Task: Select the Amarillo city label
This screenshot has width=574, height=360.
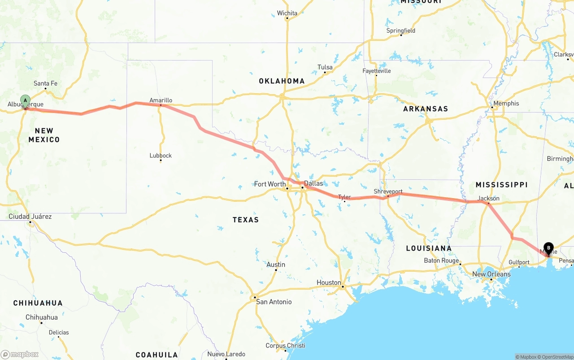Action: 161,100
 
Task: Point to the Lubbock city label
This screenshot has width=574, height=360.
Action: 161,156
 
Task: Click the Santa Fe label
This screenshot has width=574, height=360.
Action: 45,83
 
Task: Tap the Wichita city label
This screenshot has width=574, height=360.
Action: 287,13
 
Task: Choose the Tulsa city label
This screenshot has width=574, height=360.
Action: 325,67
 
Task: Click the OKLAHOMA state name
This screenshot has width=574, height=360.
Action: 282,81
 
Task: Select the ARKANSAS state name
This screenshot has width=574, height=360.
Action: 426,109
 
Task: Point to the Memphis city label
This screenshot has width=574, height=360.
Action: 506,104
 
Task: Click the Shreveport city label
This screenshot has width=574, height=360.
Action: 388,191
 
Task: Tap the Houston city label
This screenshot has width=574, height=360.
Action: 329,282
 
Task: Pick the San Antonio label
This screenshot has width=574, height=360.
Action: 274,302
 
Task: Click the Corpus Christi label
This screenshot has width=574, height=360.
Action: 285,346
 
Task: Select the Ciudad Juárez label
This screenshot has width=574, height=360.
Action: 30,217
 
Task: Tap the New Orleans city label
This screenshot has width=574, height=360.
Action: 491,274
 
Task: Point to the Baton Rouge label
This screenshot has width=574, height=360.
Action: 441,260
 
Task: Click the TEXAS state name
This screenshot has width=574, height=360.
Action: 246,220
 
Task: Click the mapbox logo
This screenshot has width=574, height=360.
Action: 20,354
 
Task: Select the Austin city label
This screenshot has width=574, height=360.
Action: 276,265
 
